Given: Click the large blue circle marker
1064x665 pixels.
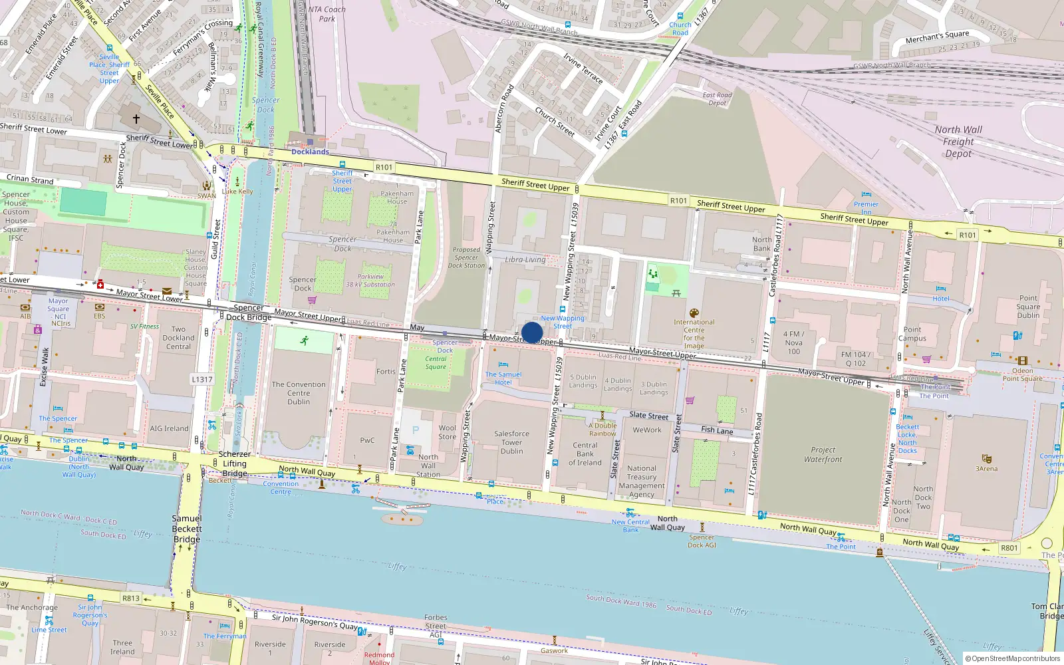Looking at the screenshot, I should (532, 332).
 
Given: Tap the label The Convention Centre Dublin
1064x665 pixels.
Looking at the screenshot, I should (299, 393).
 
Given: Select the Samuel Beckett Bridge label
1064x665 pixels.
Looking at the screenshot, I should (187, 529).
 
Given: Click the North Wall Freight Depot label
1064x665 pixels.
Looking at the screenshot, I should (958, 142).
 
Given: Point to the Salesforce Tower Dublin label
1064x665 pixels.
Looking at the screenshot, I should (511, 442).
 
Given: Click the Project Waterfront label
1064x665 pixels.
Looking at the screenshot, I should (823, 455).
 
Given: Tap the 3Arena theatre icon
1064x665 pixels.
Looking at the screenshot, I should (987, 459).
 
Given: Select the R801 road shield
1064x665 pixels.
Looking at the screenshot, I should (1009, 548).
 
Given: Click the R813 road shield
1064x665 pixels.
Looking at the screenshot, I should (131, 598).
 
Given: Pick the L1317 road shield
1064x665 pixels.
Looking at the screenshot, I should (202, 380).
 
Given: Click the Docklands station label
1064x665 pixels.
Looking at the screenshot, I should (310, 152).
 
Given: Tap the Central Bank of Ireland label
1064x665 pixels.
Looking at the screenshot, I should (585, 454).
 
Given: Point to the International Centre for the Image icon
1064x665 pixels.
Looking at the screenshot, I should (694, 313).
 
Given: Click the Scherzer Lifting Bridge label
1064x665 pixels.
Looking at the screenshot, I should (234, 464).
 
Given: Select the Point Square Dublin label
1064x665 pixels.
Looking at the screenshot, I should (1028, 307).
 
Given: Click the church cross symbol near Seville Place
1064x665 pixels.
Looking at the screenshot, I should (136, 119).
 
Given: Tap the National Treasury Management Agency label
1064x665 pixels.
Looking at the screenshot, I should (641, 481).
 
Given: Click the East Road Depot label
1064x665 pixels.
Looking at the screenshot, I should (717, 99).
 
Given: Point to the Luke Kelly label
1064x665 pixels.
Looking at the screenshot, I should (237, 192).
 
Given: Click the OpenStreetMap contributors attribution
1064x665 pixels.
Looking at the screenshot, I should (1013, 659).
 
